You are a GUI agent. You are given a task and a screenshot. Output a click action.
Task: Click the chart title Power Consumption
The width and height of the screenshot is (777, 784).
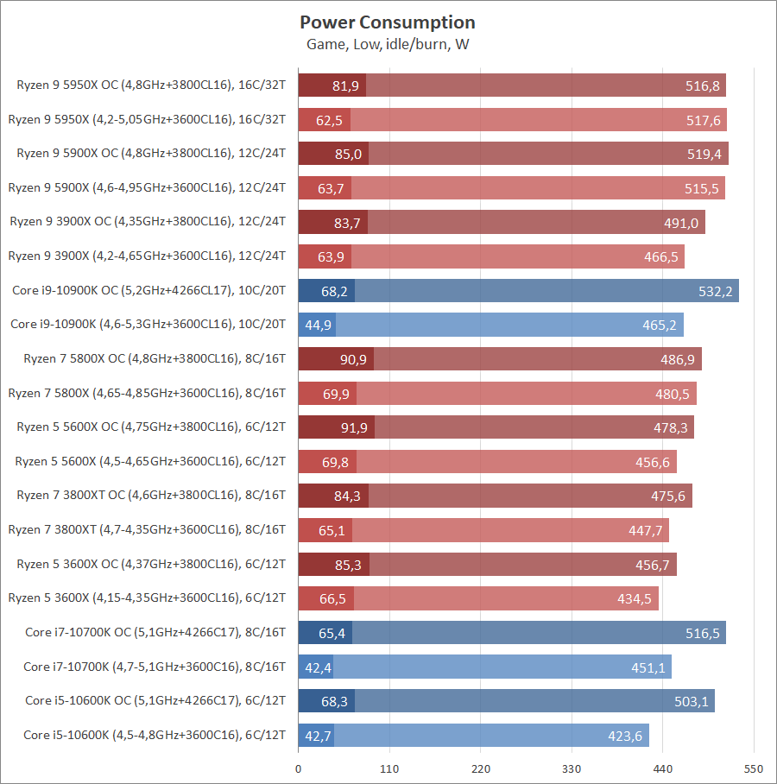(x=388, y=22)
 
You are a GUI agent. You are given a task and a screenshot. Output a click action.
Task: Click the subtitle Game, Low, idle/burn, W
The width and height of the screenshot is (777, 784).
(x=388, y=44)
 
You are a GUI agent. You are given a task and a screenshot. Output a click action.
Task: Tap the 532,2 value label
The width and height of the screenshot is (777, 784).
(x=715, y=292)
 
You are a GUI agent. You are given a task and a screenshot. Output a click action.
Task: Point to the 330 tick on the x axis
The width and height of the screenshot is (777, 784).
(x=572, y=769)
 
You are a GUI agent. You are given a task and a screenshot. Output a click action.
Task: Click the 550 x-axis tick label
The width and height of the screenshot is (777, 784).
(x=754, y=769)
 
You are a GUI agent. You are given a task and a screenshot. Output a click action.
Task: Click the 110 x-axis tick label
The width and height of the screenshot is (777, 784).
(x=389, y=769)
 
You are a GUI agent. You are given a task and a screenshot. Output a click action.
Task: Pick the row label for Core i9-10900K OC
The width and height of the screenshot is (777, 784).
(x=148, y=291)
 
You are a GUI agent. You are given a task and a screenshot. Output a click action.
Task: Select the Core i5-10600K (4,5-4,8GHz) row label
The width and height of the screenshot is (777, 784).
(x=155, y=736)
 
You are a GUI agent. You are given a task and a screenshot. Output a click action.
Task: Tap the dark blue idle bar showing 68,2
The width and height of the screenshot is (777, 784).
(x=326, y=291)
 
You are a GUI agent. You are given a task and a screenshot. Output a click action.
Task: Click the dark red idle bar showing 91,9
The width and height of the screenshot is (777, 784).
(x=336, y=427)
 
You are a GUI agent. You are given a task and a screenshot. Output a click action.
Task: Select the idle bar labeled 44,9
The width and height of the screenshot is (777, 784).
(x=317, y=326)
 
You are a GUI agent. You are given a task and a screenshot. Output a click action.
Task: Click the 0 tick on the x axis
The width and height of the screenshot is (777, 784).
(x=299, y=769)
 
